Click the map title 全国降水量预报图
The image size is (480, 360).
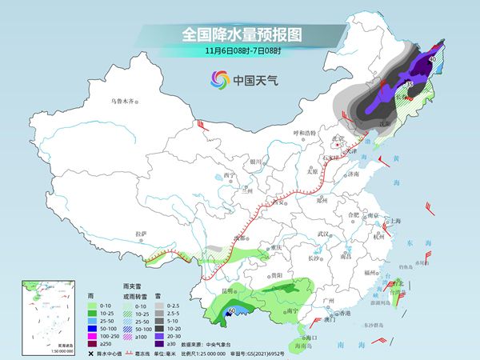239,34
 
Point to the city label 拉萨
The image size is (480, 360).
141,234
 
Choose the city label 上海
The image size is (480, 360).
394,221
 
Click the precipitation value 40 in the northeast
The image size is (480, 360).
433,59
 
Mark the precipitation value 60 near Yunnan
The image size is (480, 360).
232,310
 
